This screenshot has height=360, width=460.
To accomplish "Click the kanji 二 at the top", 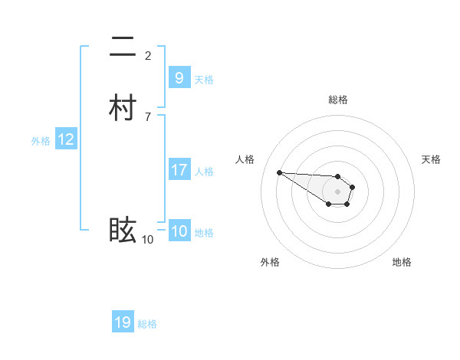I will coord(123,47).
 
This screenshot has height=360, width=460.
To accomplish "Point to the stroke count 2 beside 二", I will coord(148,55).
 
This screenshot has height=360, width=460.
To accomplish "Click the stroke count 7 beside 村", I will coord(148,116).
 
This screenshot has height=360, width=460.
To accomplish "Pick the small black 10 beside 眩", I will coord(147,240).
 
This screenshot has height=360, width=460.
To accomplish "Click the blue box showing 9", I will coord(179,77).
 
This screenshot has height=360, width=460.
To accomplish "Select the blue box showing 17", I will coord(179,170).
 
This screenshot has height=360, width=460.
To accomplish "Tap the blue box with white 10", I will coord(179,231).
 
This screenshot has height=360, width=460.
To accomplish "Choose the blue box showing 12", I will coord(66,139).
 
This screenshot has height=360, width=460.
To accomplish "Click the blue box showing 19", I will coord(123,322).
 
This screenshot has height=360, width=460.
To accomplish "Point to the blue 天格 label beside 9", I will coord(204,79).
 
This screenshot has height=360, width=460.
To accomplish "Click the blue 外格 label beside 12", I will coord(41,141).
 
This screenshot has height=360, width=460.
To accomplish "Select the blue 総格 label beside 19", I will coord(147,324).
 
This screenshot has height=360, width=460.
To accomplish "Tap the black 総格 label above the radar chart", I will coord(338,100).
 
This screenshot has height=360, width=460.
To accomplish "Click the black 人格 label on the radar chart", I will coord(245,159).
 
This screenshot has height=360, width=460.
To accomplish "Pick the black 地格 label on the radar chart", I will coord(402,262).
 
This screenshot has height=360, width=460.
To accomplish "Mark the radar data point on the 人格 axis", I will coord(279,172).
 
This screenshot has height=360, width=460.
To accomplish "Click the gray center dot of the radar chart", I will coord(337,191).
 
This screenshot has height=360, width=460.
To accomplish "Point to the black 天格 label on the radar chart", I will coord(431,159).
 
